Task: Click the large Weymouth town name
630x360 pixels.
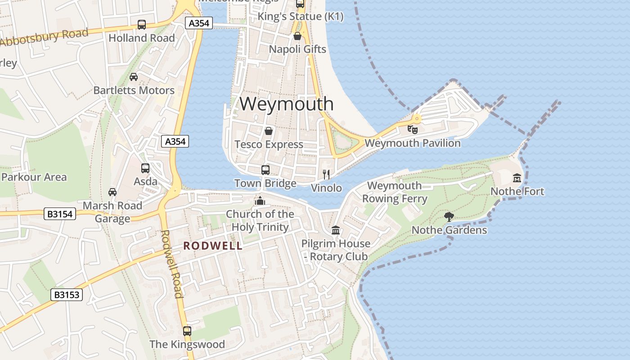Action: [x=286, y=104]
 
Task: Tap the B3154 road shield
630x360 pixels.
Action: [x=60, y=214]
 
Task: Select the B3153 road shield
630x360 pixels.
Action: [x=67, y=295]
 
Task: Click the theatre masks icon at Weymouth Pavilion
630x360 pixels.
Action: [x=412, y=130]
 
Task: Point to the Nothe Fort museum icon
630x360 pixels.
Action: [x=517, y=178]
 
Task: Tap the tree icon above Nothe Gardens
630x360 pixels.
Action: [x=449, y=217]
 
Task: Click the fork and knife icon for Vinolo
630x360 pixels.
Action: [x=326, y=175]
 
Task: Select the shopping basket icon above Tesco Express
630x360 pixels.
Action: [x=269, y=131]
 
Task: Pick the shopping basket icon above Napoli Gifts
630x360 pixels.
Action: [x=297, y=36]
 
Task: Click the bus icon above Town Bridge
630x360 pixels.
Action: [x=265, y=170]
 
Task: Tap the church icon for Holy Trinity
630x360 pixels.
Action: [x=260, y=200]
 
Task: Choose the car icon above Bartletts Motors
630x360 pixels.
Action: [x=134, y=77]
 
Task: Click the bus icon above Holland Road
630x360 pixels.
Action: [x=142, y=25]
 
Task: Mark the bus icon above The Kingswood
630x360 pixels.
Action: [x=187, y=331]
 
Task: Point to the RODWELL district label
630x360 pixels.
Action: [x=213, y=246]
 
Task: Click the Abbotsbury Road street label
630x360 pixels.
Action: [x=44, y=37]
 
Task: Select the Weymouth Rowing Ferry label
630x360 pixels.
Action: [x=395, y=192]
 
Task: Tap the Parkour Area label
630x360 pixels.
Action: [x=34, y=177]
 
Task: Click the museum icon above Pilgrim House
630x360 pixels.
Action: [x=336, y=230]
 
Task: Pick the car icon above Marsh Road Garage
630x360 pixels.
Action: [x=112, y=192]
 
